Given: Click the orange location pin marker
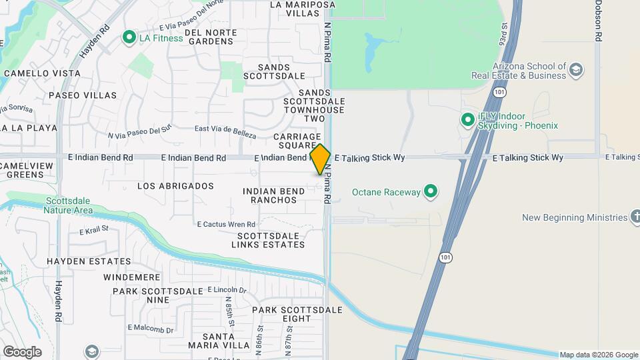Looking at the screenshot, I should coord(321,159).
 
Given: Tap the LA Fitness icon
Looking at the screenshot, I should coord(129,37).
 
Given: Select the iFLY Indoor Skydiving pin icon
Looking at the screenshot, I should coord(468,121).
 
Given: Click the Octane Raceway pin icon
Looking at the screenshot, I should coord(431,192).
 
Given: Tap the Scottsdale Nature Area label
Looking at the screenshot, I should coord(68,205).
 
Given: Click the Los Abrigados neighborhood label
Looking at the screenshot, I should coord(175,186).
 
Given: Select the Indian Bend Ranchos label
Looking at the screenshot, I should coord(274,195).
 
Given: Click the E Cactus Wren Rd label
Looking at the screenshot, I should coord(226,224).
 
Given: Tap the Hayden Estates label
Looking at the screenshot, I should coord(89,261).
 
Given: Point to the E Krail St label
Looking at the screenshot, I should coord(93,231).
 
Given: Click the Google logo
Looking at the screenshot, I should coord(22,352).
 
